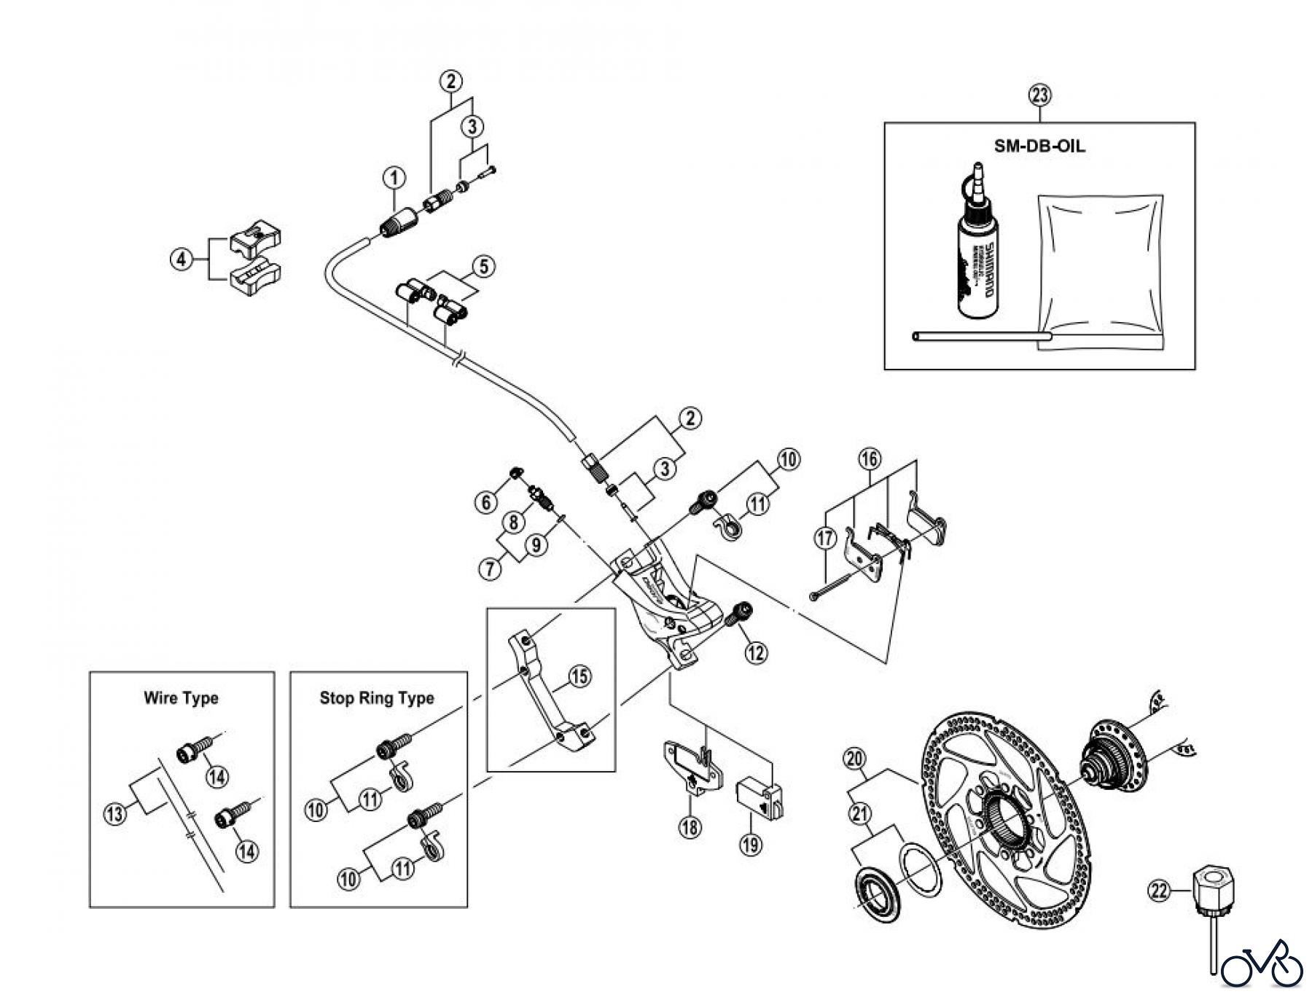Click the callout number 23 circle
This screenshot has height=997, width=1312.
tap(1040, 95)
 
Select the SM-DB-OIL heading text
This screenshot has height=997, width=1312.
tap(1039, 146)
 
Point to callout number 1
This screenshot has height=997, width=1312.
tap(394, 177)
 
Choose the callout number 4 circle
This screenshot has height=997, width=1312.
tap(182, 259)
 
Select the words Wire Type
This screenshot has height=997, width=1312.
tap(181, 698)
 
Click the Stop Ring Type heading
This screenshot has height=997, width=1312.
tap(377, 698)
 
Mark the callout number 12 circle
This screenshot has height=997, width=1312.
tap(756, 652)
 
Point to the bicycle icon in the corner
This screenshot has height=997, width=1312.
tap(1262, 968)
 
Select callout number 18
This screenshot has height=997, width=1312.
tap(690, 826)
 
